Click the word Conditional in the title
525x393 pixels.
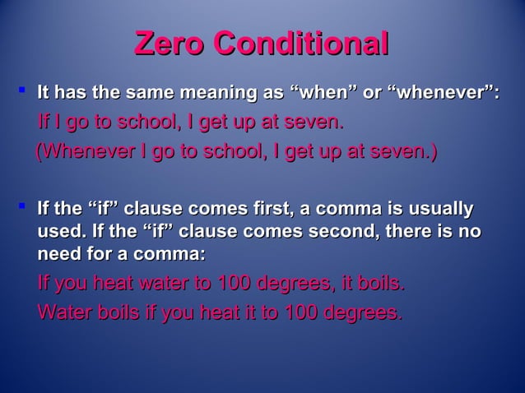tap(301, 44)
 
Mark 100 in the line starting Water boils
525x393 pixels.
tap(304, 312)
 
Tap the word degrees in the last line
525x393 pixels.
tap(367, 312)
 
